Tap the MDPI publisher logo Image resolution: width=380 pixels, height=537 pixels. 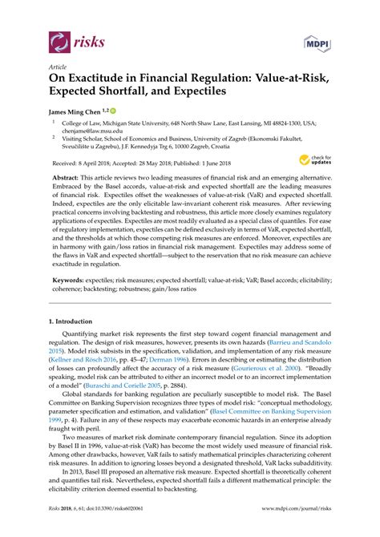point(316,42)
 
